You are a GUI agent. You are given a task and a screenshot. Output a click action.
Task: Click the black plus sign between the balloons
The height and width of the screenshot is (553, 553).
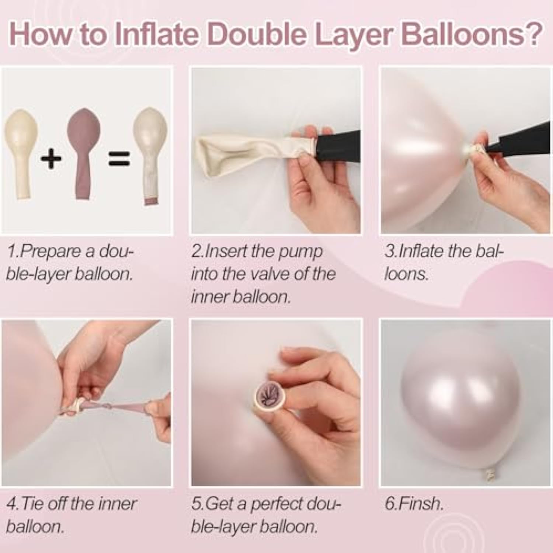pyautogui.click(x=51, y=159)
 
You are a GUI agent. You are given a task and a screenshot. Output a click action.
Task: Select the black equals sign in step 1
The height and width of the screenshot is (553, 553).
pyautogui.click(x=119, y=159)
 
